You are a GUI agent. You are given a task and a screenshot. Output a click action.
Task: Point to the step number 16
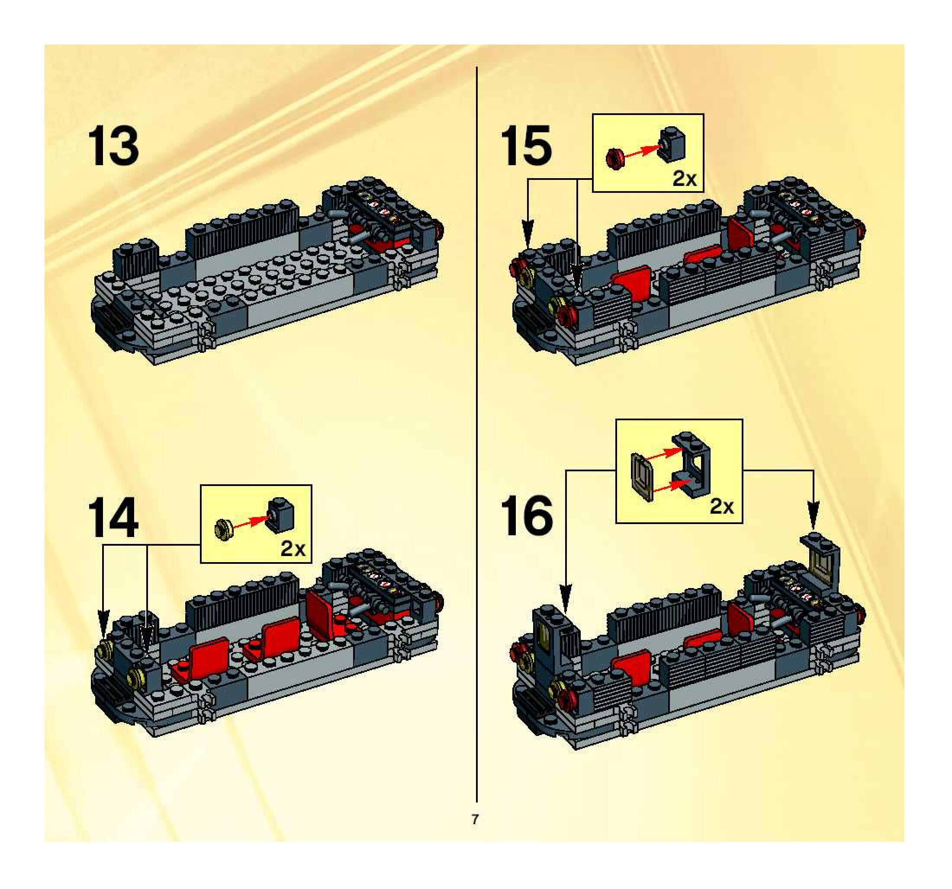pos(526,516)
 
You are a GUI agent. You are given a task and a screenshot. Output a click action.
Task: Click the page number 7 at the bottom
pos(475,820)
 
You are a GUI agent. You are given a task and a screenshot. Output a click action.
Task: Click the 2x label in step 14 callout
pos(293,548)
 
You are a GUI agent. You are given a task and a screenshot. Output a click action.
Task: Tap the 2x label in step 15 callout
pos(684,179)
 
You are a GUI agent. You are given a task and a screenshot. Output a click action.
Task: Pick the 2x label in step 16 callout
pos(722,506)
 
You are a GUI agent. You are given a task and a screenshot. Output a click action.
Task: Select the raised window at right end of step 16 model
pos(821,557)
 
